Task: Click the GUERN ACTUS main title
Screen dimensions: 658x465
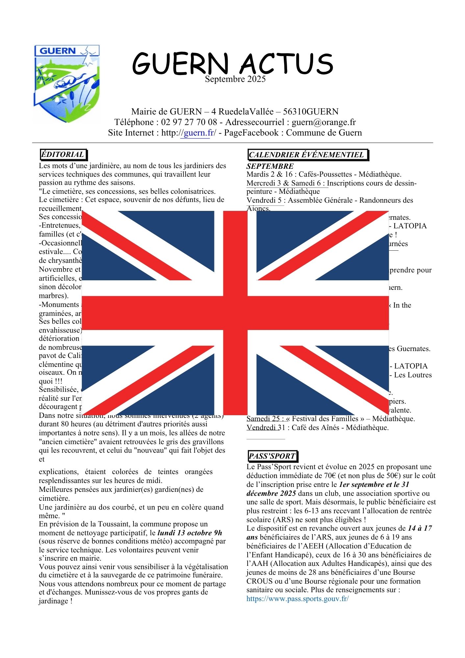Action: click(232, 63)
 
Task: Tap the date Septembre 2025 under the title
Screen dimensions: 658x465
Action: click(235, 79)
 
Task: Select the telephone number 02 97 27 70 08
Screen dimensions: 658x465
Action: click(189, 122)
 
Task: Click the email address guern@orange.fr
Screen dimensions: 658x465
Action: click(324, 122)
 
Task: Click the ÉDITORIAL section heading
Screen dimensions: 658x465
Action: click(63, 154)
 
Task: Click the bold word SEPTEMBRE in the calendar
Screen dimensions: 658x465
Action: click(270, 166)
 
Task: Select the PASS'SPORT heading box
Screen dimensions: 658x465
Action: click(272, 456)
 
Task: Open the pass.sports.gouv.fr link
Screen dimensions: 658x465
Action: click(297, 598)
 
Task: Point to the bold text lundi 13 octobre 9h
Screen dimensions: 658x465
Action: click(190, 533)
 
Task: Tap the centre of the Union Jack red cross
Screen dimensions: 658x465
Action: click(235, 312)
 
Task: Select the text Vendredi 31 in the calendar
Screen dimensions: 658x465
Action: click(266, 428)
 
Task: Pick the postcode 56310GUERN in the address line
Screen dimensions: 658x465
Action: click(311, 112)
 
